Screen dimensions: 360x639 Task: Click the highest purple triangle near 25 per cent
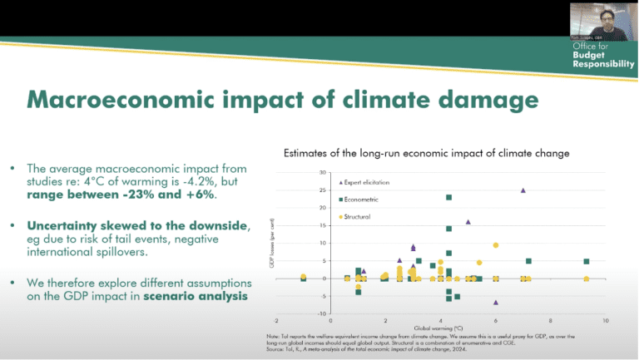(523, 190)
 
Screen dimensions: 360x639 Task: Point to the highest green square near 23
(449, 197)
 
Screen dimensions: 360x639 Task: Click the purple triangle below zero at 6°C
(496, 303)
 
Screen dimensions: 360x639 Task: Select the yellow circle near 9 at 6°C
(496, 245)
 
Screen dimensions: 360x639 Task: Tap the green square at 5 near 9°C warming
(587, 261)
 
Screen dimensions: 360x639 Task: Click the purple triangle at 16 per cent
(468, 222)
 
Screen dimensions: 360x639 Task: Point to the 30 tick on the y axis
(321, 173)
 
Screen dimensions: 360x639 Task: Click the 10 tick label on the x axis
(606, 320)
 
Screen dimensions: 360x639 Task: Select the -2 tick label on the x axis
(275, 320)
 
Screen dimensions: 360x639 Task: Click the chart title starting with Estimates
(426, 154)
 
